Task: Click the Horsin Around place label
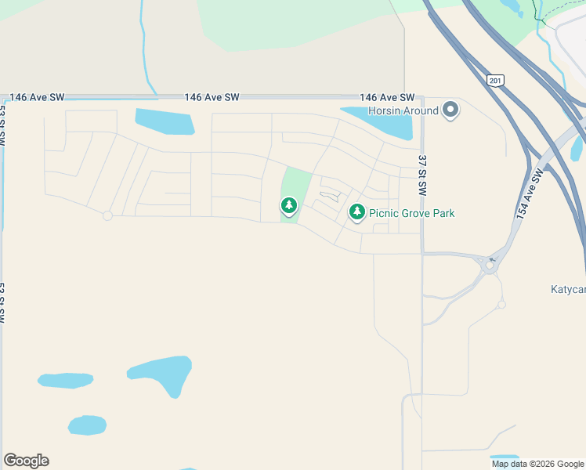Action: click(x=403, y=110)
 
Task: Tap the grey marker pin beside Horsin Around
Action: click(x=450, y=110)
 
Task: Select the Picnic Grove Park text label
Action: click(x=411, y=213)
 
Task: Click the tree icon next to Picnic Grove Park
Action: click(x=357, y=211)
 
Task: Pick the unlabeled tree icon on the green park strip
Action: click(x=289, y=206)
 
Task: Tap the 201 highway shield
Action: click(x=494, y=80)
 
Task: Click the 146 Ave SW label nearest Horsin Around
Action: click(x=387, y=97)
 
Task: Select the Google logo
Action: click(x=26, y=461)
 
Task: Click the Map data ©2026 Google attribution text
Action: click(x=538, y=464)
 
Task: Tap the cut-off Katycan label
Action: click(x=568, y=289)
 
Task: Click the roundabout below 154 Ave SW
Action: click(x=490, y=266)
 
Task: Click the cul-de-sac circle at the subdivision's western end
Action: click(x=107, y=215)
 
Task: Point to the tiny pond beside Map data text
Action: click(x=504, y=457)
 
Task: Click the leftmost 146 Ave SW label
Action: click(x=37, y=97)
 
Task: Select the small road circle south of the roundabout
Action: click(x=501, y=304)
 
